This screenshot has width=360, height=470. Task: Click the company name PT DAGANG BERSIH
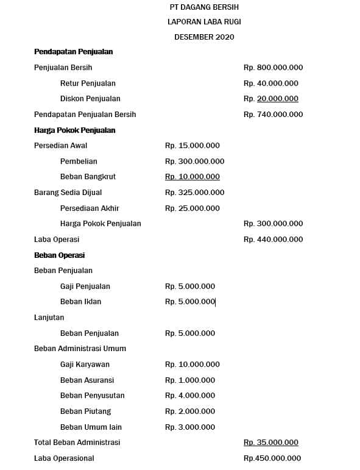204,7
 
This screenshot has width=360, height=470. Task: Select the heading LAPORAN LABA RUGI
204,22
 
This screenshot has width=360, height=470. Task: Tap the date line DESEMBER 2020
204,37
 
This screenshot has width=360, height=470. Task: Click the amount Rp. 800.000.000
273,68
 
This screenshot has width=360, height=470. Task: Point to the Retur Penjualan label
88,84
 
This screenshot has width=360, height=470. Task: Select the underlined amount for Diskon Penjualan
270,99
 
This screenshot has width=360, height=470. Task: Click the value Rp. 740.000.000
273,115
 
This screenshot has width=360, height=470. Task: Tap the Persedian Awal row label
60,146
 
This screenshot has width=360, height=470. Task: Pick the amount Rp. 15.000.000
192,146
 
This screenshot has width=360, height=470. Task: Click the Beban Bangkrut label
88,177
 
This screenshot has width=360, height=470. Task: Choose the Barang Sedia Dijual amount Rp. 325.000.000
194,193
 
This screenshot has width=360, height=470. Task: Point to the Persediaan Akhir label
90,208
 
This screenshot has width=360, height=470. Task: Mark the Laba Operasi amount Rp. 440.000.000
273,240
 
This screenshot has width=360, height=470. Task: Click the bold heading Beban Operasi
59,255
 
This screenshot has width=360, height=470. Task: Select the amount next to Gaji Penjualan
189,287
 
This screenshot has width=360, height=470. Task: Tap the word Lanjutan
49,318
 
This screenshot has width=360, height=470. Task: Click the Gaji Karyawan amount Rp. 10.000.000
192,365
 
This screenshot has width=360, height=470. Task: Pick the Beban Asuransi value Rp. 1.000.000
189,380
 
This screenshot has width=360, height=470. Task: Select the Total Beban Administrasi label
77,443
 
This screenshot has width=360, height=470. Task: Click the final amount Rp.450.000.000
272,458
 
